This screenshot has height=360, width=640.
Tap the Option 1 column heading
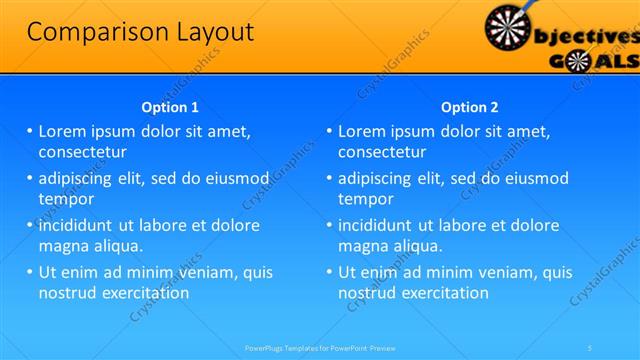(x=170, y=107)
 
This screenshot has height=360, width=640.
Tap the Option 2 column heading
(x=470, y=107)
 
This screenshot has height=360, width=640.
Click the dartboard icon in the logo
(x=509, y=27)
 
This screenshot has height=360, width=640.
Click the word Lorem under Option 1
(x=64, y=132)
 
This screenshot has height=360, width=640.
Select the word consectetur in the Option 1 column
(x=82, y=153)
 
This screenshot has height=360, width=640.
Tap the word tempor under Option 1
(x=66, y=199)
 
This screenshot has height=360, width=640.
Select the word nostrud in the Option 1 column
(x=66, y=293)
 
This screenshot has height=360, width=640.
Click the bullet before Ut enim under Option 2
(x=330, y=272)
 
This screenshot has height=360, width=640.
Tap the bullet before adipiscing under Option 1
(x=30, y=179)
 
